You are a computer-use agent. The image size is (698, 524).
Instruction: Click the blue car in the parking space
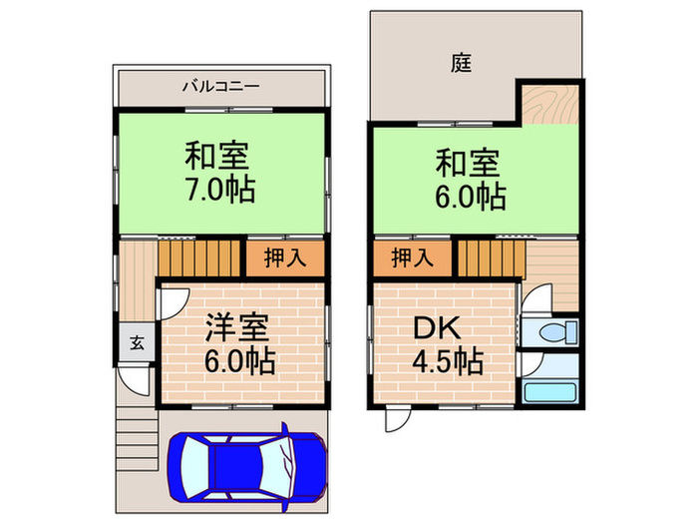247,466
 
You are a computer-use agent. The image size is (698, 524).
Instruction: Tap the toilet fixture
557,332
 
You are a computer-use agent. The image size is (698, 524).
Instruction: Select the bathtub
550,392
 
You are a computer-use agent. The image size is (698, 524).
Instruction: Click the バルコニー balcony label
220,86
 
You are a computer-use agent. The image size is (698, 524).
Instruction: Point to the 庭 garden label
461,63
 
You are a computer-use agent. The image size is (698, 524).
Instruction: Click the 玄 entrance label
138,342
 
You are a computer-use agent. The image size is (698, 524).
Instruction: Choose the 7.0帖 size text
220,190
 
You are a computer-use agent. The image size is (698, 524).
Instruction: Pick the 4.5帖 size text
448,361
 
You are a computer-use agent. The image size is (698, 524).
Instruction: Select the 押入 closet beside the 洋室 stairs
285,258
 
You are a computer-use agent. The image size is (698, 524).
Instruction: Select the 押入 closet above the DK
413,258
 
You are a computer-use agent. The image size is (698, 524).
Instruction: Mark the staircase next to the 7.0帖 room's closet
199,258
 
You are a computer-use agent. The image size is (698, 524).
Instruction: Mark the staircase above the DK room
492,260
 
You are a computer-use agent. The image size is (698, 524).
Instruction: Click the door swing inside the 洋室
174,303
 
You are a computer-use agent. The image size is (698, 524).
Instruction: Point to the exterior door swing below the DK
398,420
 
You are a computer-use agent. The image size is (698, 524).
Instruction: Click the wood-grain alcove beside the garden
550,105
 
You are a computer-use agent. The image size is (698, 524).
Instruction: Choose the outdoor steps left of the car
138,438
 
